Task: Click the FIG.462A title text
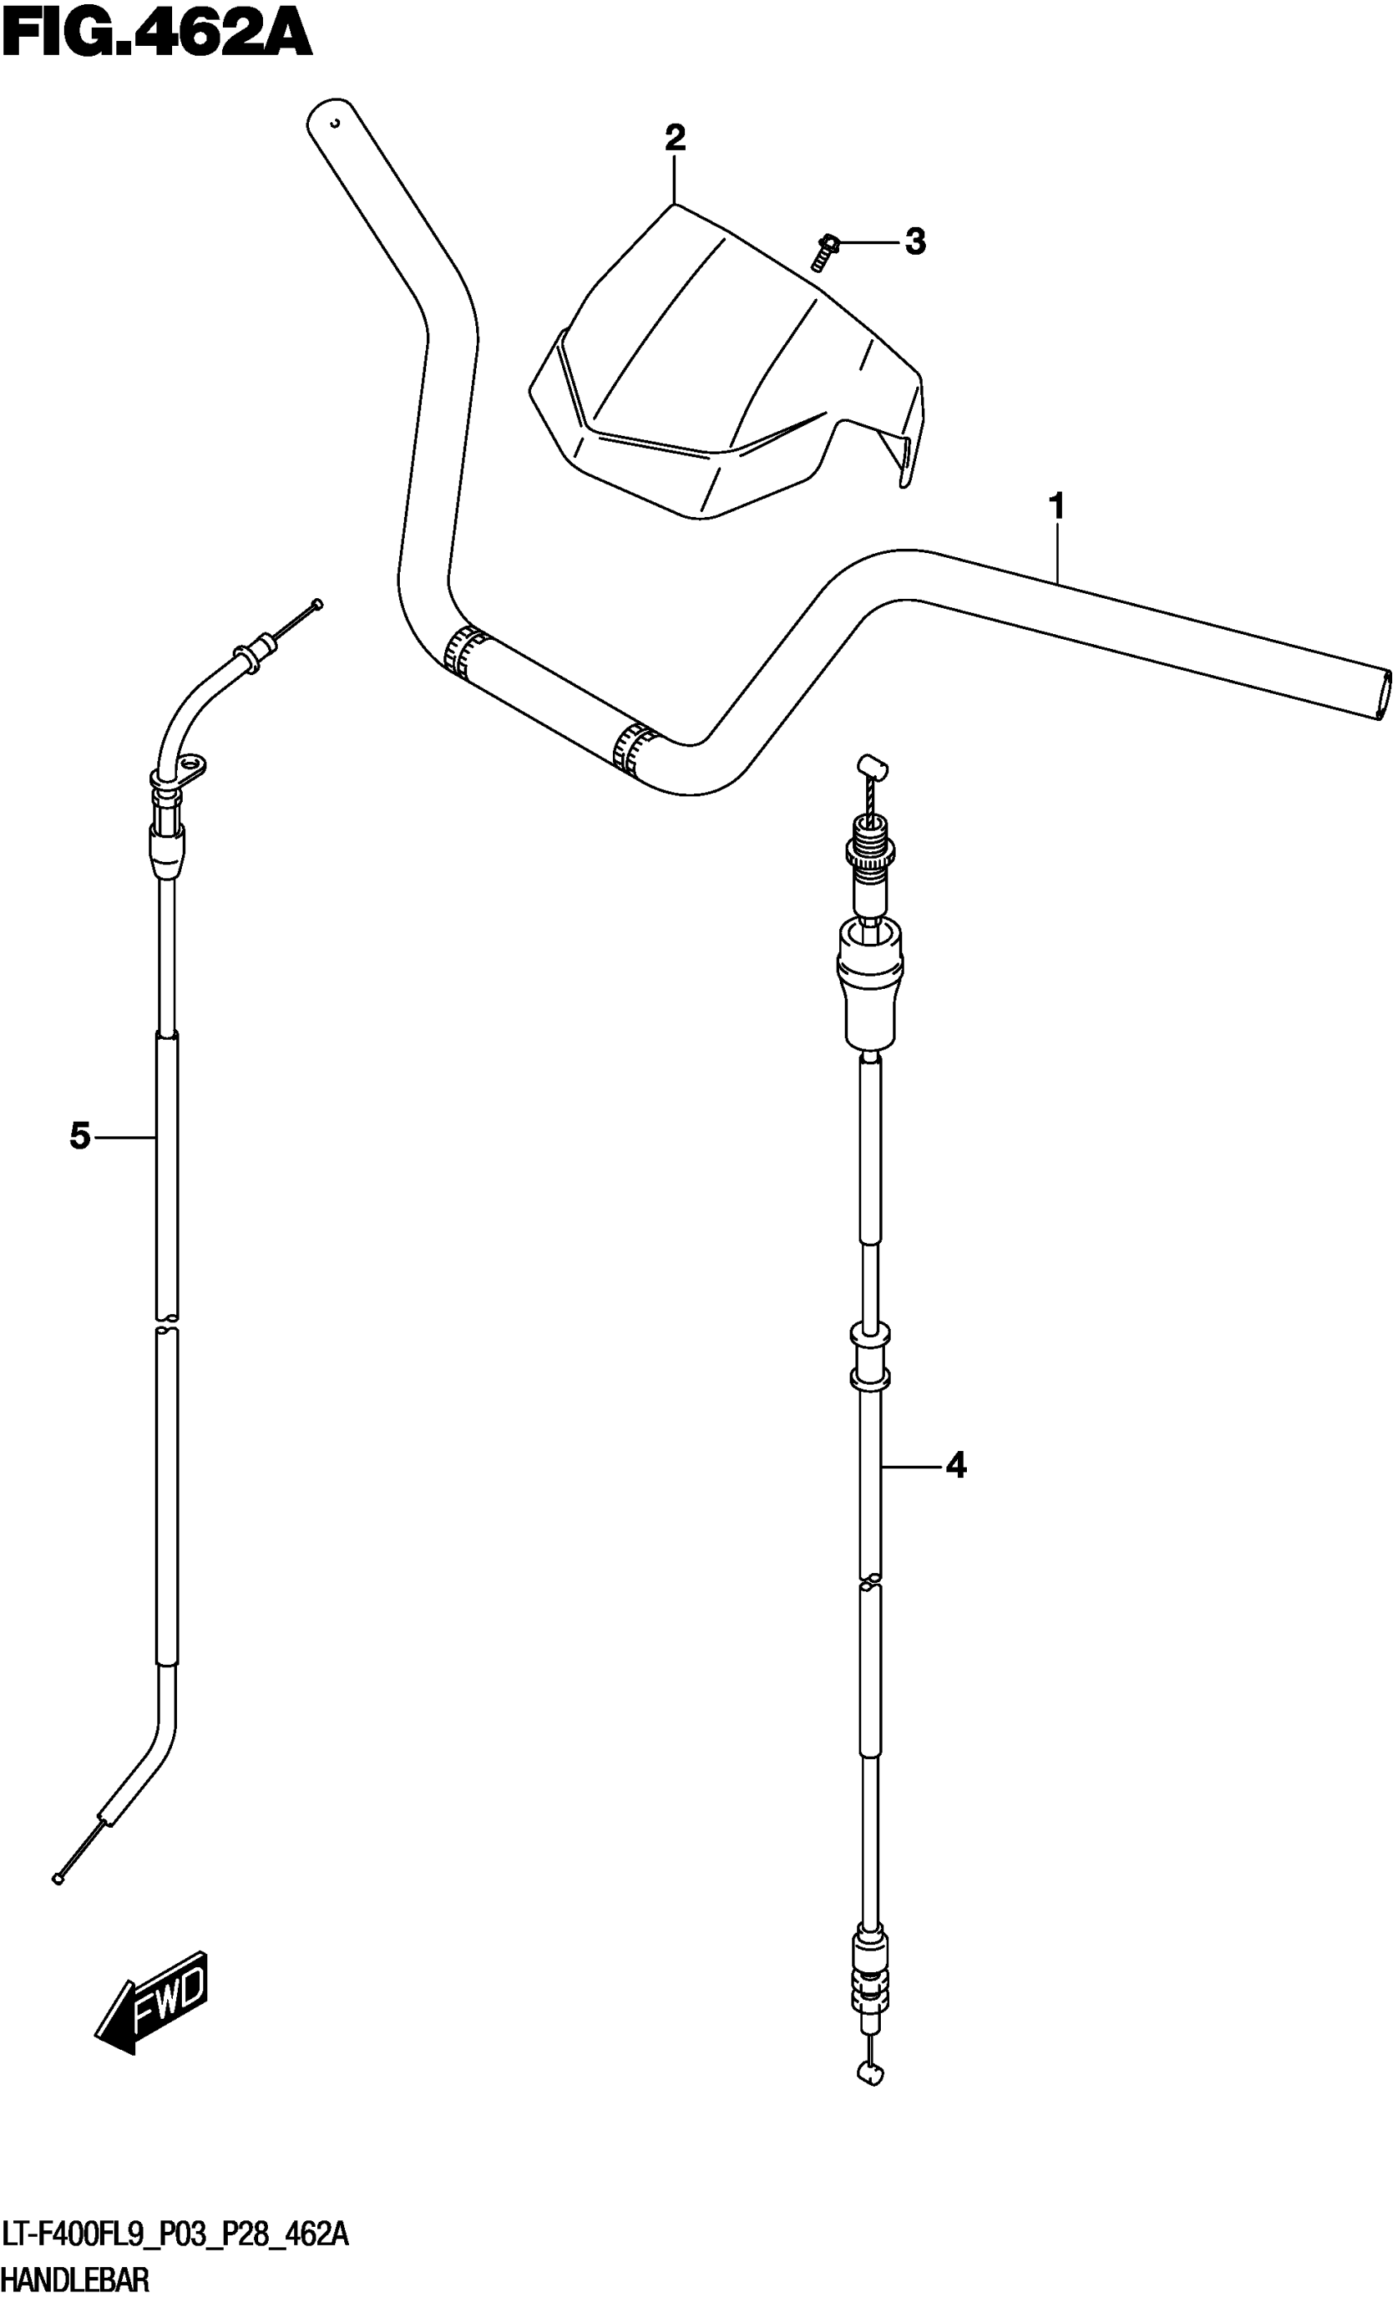(x=157, y=39)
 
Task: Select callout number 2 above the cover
(x=674, y=138)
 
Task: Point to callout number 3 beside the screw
(x=915, y=242)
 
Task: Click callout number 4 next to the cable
(x=955, y=1465)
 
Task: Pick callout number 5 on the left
(x=80, y=1137)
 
